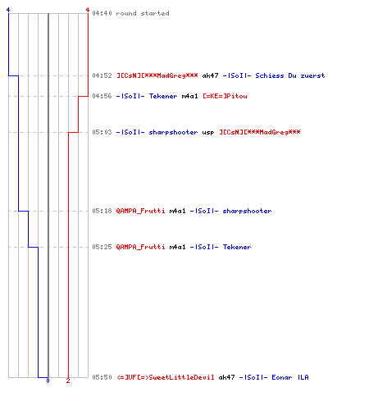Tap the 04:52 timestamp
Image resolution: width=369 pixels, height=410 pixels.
click(102, 75)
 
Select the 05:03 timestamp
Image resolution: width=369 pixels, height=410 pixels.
click(102, 132)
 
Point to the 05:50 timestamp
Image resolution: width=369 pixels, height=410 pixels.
click(102, 377)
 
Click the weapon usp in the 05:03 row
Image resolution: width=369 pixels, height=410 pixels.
click(208, 133)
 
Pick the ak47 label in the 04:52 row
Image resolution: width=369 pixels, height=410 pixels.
click(210, 75)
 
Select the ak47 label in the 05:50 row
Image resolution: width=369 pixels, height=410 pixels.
click(226, 377)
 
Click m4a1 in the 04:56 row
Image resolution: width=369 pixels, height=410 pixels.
click(189, 96)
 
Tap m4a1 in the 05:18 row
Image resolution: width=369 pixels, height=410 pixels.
click(177, 211)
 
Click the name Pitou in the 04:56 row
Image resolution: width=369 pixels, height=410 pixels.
click(237, 96)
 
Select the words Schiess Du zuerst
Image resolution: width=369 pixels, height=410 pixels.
click(290, 75)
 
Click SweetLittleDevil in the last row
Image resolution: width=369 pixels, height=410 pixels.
click(181, 377)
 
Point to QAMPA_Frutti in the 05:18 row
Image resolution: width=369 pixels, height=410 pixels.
click(140, 211)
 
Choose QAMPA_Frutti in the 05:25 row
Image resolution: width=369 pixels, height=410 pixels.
click(140, 247)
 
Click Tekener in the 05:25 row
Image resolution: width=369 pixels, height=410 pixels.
click(237, 247)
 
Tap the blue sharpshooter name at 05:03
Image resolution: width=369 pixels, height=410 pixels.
click(173, 133)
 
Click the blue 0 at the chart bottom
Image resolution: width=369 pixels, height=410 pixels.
click(48, 380)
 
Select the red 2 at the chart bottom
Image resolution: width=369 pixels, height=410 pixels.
click(68, 380)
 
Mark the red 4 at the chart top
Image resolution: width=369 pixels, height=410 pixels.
click(88, 10)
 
